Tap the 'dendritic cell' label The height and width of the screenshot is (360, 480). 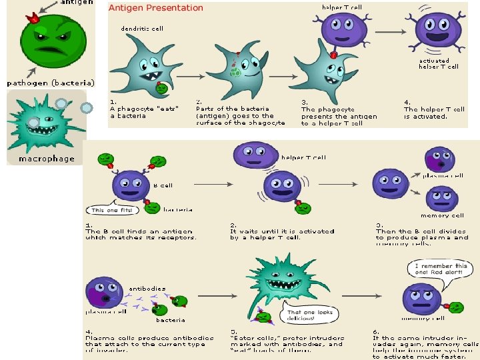click(x=142, y=29)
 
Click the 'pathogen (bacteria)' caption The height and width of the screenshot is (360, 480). click(x=51, y=83)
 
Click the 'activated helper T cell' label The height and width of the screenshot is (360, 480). click(x=439, y=63)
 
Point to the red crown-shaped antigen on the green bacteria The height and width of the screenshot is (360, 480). click(x=31, y=19)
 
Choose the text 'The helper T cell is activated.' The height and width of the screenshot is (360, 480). click(x=434, y=113)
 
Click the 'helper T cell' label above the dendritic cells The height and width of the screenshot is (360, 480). click(x=342, y=7)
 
